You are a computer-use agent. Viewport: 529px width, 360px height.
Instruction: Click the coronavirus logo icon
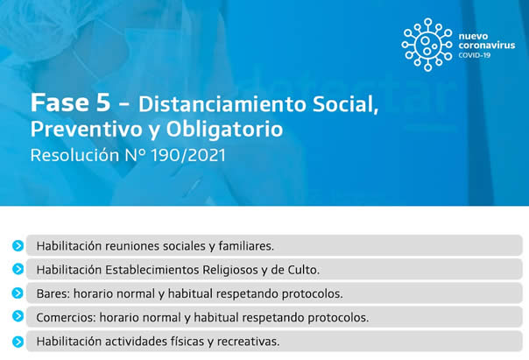click(x=427, y=45)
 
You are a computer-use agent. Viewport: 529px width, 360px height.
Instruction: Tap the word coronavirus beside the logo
click(x=486, y=46)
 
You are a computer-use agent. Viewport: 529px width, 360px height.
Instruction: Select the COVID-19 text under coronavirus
click(x=474, y=55)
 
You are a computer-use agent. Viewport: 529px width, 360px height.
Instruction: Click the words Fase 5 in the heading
click(x=70, y=102)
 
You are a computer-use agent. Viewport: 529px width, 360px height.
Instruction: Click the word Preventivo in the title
click(x=87, y=130)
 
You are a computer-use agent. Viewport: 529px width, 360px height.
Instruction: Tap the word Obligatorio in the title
click(x=224, y=130)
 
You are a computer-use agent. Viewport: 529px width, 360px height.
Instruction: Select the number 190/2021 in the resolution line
click(x=188, y=155)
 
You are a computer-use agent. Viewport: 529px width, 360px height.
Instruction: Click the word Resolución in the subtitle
click(x=75, y=155)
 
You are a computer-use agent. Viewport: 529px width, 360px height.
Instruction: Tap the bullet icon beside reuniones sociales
click(x=18, y=245)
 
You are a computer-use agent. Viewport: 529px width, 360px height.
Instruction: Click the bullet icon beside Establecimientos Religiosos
click(x=18, y=269)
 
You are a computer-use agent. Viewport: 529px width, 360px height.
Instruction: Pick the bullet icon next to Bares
click(x=18, y=293)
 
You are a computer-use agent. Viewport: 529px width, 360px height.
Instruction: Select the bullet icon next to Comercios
click(x=18, y=316)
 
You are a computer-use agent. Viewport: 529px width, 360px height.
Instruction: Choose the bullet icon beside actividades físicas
click(x=18, y=342)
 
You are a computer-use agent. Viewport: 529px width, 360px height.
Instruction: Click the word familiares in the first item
click(x=246, y=245)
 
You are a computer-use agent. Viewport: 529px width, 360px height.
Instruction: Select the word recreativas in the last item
click(x=249, y=341)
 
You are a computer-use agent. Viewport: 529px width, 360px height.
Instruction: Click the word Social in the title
click(x=345, y=104)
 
